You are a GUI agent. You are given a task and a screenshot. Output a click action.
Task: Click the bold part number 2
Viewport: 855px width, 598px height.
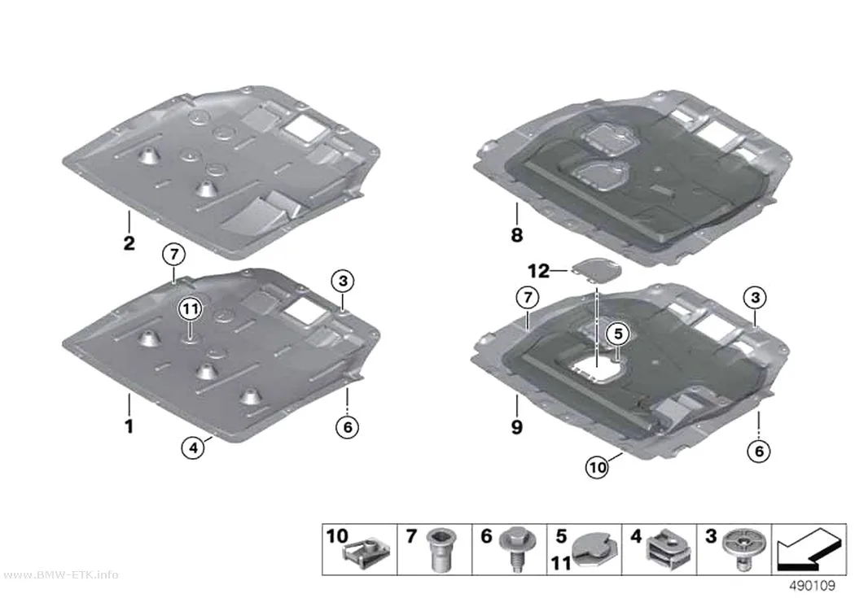coord(129,242)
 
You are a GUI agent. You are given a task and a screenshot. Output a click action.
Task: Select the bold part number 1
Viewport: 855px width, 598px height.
coord(129,426)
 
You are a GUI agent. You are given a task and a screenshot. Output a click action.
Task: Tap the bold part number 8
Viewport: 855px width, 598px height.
coord(516,235)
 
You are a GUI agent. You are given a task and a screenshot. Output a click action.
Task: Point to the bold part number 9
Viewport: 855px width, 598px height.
coord(516,427)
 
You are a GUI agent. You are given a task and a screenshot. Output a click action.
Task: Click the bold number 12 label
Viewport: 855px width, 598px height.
coord(539,271)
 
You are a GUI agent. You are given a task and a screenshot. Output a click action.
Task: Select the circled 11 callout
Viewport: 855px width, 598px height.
coord(190,310)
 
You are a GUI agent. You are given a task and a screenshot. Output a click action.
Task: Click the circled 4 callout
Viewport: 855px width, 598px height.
coord(193,448)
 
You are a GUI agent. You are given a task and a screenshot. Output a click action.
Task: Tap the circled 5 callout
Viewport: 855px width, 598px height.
coord(618,334)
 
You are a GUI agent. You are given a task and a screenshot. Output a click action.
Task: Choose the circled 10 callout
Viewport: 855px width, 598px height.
coord(598,467)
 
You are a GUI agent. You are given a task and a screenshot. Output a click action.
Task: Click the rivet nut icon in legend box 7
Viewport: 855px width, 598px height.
coord(441,549)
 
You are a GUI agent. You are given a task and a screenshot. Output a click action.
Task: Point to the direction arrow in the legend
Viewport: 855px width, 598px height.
coord(809,549)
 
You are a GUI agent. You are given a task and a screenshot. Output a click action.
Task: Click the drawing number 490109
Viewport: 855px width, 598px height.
coord(812,586)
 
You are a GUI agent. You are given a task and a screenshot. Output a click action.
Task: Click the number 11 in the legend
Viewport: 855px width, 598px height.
coord(562,562)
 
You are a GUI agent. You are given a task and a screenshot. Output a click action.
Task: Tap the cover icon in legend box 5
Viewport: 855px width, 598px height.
coord(595,552)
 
